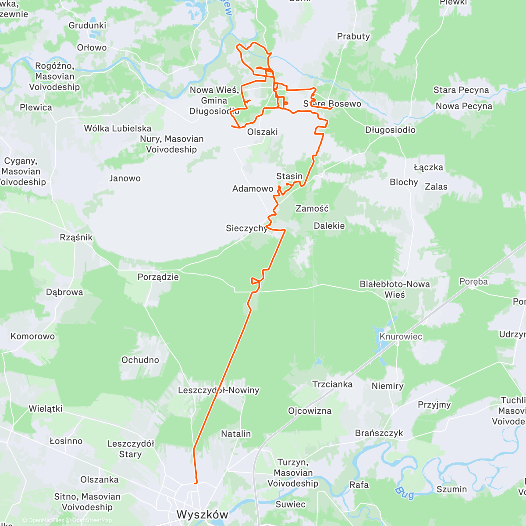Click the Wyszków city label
[202, 514]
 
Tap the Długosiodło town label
[390, 130]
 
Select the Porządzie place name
[158, 277]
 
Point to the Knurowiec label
[401, 337]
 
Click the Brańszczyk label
[379, 433]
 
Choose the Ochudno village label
[140, 360]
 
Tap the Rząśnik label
[76, 237]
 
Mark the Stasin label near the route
[289, 176]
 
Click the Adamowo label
[252, 188]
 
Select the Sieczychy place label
[246, 228]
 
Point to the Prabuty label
[353, 36]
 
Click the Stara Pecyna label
[461, 90]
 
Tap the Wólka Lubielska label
[117, 128]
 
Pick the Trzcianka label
[332, 384]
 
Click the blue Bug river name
[404, 492]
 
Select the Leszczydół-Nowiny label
[218, 390]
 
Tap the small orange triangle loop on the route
[255, 281]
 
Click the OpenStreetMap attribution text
[92, 520]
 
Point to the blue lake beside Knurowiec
[378, 334]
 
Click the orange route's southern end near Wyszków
[195, 483]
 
